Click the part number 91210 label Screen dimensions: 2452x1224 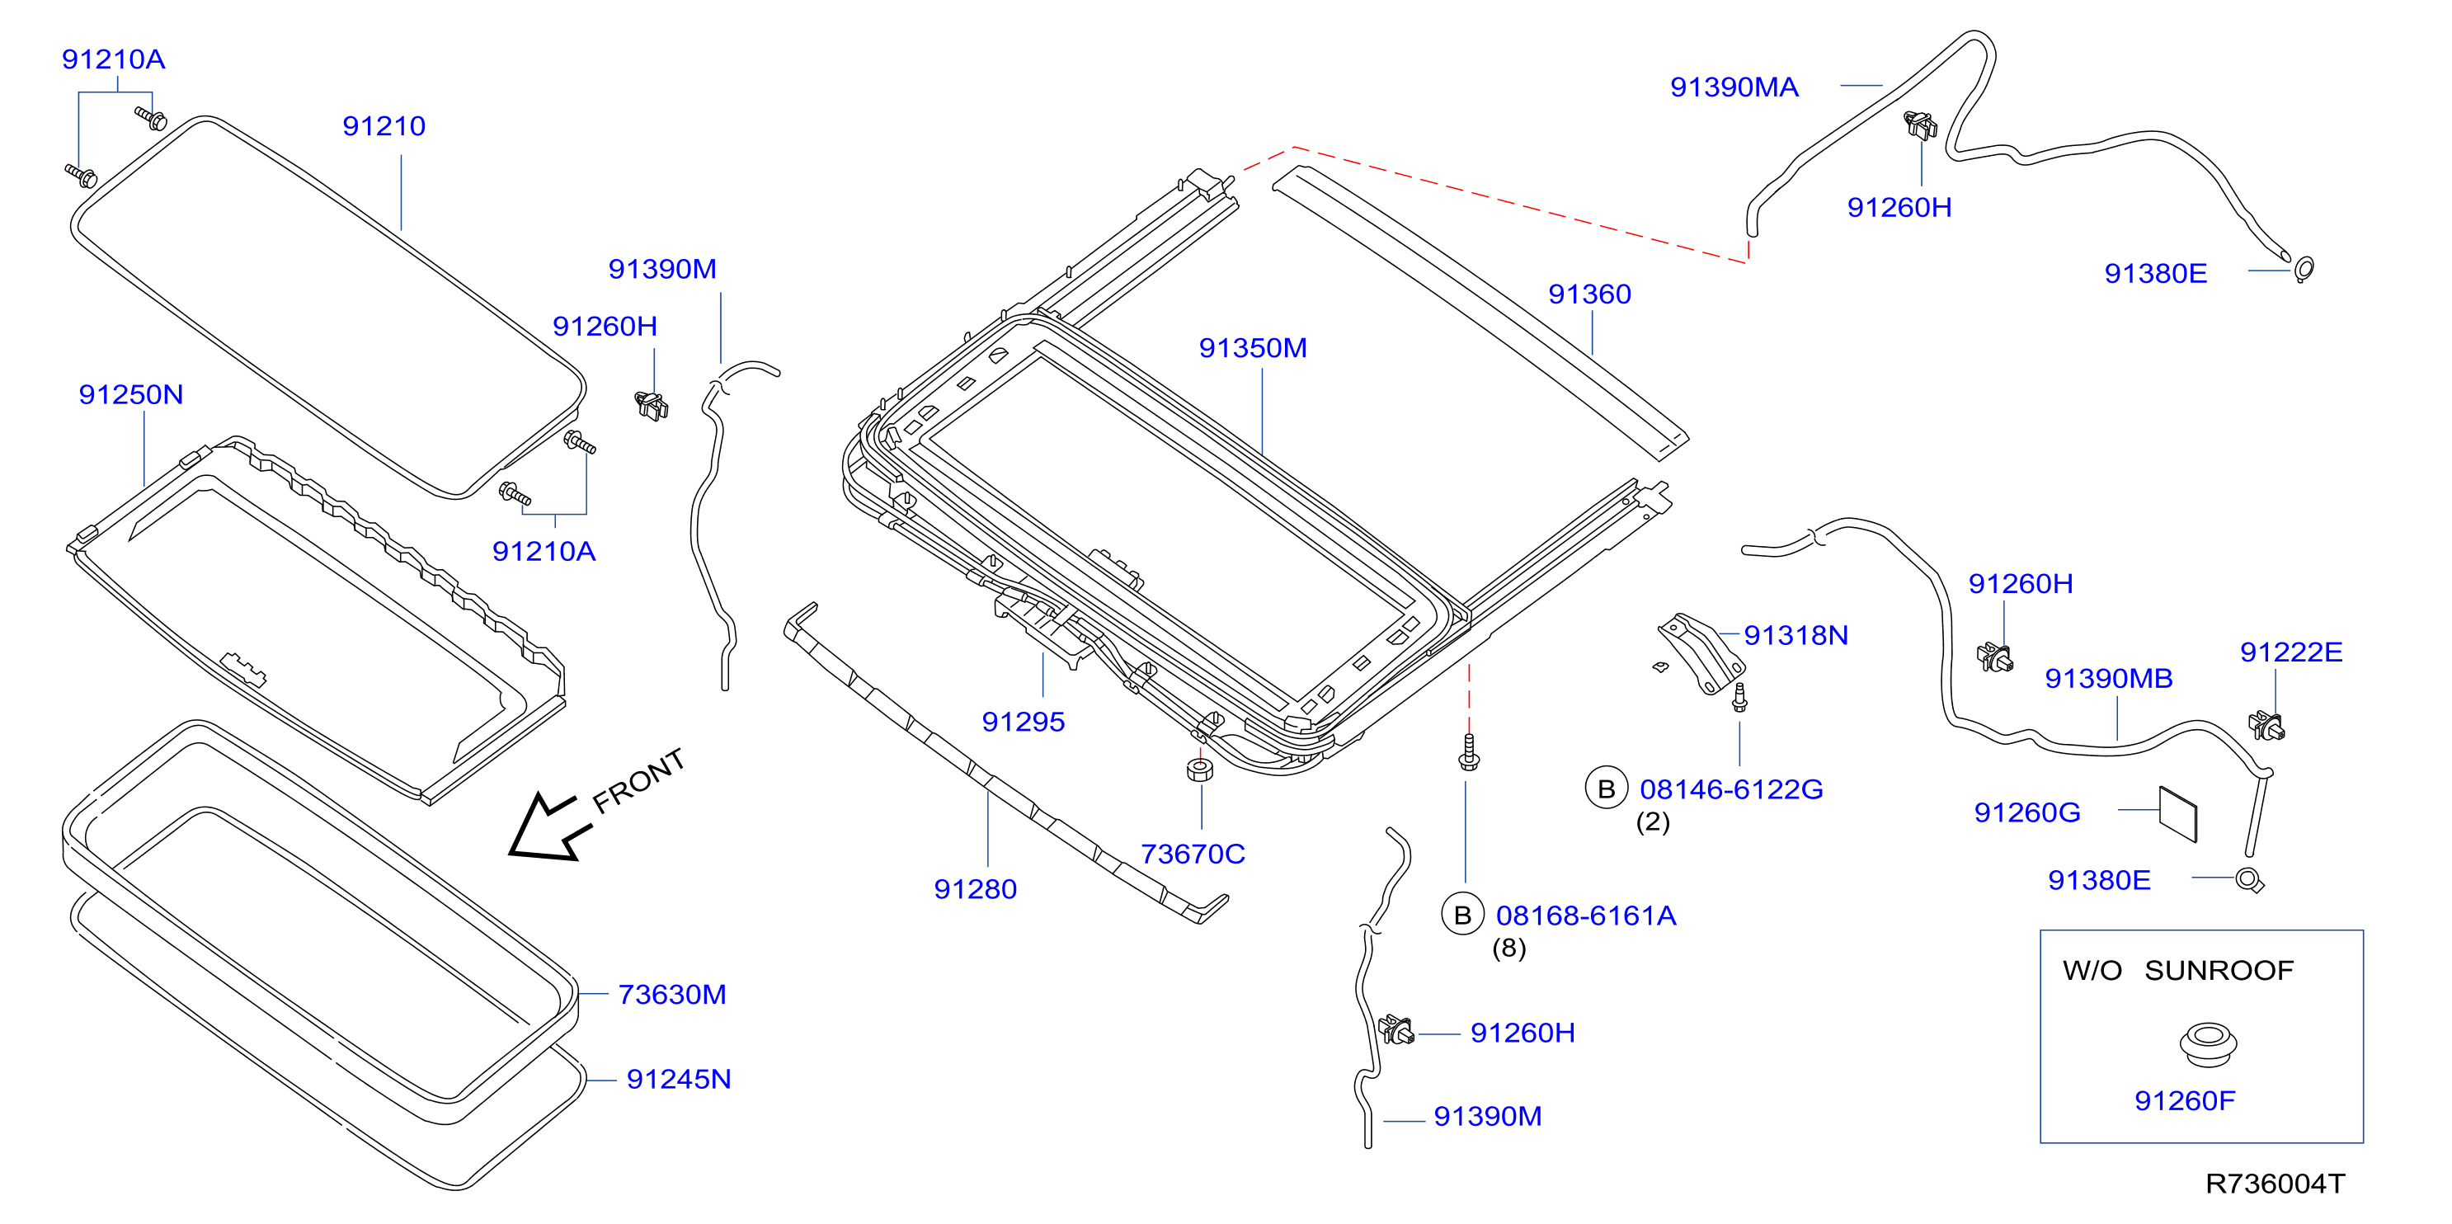click(384, 125)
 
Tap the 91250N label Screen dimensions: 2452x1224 click(130, 394)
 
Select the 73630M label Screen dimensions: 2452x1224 click(672, 994)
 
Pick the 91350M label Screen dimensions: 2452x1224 click(1253, 347)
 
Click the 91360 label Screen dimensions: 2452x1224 click(1589, 294)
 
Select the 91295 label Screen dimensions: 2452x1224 click(1024, 722)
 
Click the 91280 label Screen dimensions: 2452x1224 click(976, 889)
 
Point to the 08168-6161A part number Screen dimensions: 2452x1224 click(1586, 916)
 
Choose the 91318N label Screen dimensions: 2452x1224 click(1796, 635)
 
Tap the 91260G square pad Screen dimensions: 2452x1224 click(2178, 814)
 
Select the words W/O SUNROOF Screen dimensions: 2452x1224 click(2178, 970)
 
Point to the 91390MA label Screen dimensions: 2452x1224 click(1734, 87)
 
